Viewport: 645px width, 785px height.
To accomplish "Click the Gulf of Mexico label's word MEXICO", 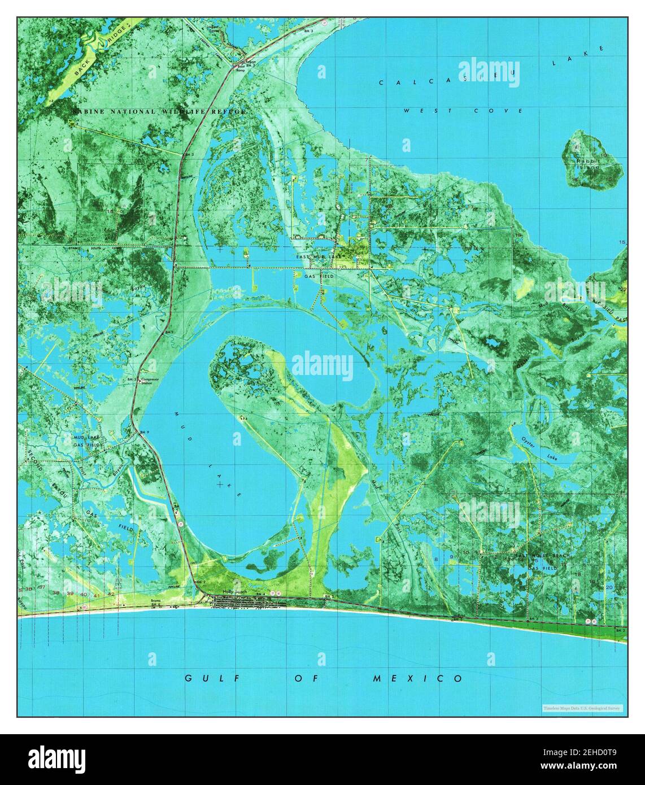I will (x=417, y=678).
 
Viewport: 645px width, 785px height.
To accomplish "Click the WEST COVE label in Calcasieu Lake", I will (x=463, y=111).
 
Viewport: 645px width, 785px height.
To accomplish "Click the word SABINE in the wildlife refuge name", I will (x=89, y=112).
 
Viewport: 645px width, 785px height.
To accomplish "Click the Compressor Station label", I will (x=151, y=381).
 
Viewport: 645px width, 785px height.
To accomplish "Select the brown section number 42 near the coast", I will (x=111, y=594).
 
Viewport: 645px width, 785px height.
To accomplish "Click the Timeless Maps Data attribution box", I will (x=582, y=708).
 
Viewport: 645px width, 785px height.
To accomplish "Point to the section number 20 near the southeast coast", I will (x=609, y=587).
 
